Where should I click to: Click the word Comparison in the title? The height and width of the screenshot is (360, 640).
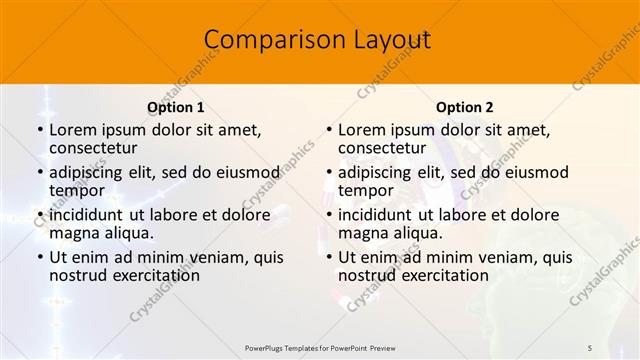[268, 40]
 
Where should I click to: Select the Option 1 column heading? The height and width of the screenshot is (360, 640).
[176, 107]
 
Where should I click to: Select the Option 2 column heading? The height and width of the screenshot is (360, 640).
[464, 107]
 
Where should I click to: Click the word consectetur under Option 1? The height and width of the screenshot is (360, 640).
[95, 148]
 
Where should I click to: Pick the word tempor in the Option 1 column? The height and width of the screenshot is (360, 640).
[77, 190]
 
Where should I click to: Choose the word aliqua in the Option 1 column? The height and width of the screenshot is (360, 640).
[128, 233]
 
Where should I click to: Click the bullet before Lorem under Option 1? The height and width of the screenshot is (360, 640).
[39, 130]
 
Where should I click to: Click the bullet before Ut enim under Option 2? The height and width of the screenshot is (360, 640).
[328, 257]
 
